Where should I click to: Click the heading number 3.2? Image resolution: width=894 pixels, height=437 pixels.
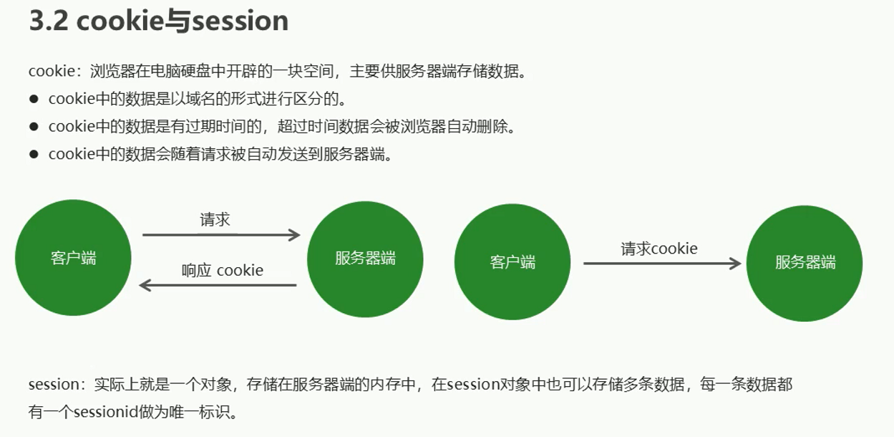(x=48, y=21)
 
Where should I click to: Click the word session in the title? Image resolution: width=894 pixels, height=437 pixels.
(x=240, y=21)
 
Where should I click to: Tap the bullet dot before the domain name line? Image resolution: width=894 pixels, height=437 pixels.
(x=34, y=99)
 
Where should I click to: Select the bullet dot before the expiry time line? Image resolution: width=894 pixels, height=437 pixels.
(x=34, y=127)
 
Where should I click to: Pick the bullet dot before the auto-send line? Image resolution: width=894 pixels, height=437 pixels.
(x=34, y=154)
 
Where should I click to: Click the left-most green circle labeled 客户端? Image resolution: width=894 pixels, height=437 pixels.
(x=73, y=258)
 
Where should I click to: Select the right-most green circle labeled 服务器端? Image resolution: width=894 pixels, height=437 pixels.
(x=805, y=263)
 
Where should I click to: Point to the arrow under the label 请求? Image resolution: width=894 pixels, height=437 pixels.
(x=221, y=235)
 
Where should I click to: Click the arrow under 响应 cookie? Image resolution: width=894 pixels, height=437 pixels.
(x=218, y=285)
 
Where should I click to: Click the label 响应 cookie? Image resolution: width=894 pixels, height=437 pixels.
(x=223, y=270)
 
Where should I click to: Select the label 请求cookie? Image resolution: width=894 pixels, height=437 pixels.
(x=659, y=249)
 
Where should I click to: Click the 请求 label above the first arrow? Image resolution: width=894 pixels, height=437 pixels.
(x=215, y=219)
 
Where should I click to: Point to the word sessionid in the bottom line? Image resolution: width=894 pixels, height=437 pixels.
(x=106, y=411)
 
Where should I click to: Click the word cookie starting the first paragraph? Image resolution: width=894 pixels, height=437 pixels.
(x=52, y=71)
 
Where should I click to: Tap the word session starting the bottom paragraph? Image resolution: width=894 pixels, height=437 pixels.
(x=54, y=384)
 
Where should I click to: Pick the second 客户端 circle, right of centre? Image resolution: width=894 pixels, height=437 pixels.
(x=512, y=262)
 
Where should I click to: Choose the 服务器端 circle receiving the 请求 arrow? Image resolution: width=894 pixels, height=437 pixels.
(x=365, y=259)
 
